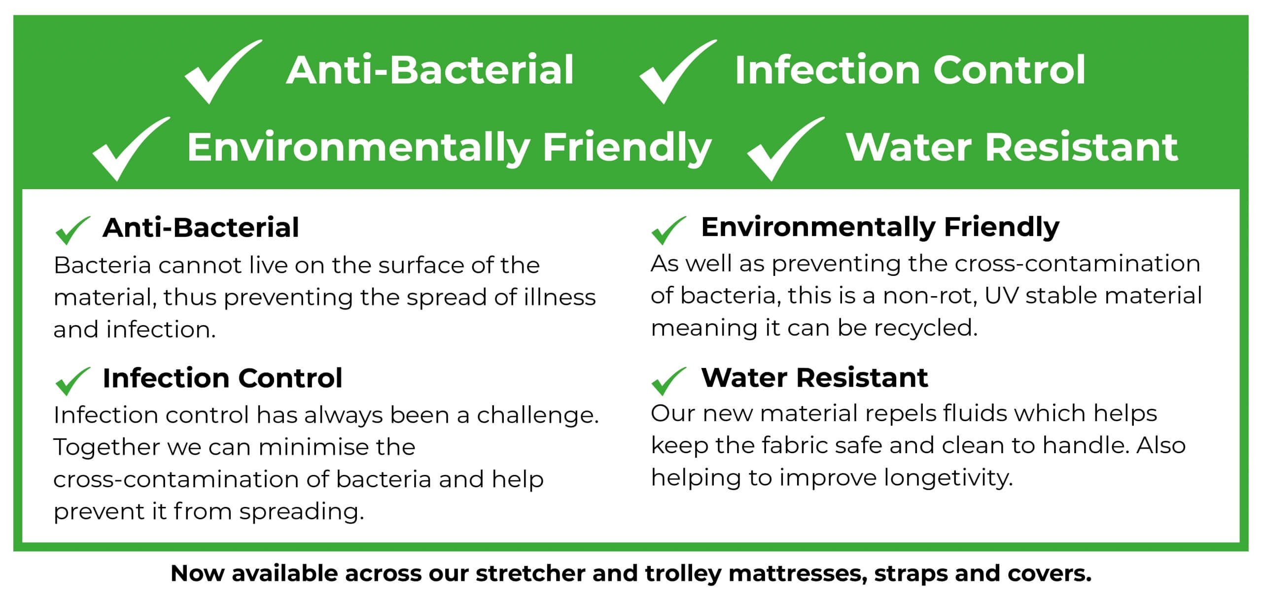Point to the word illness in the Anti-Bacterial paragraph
pos(560,298)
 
